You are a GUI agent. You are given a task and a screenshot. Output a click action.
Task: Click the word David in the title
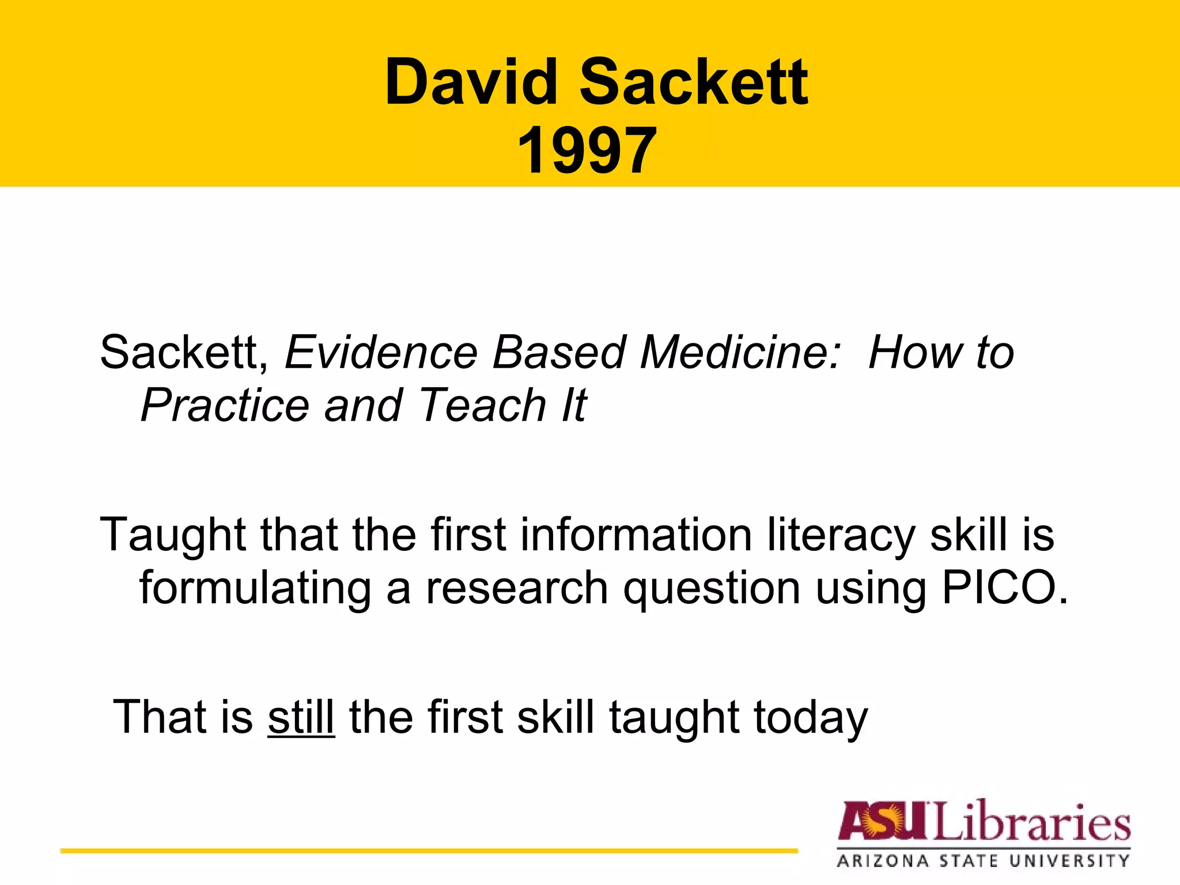471,82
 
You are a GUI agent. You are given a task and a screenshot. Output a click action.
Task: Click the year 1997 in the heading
587,151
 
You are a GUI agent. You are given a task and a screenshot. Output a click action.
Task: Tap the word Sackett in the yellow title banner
694,82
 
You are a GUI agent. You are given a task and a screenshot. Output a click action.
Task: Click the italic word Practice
225,406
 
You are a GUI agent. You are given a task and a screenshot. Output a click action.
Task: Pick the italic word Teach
482,406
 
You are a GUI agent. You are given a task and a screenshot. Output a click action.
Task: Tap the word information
636,535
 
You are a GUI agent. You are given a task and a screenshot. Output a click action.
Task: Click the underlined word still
301,717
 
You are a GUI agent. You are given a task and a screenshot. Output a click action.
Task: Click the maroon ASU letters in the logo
884,821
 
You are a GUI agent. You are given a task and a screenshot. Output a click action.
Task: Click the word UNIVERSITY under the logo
1069,861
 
